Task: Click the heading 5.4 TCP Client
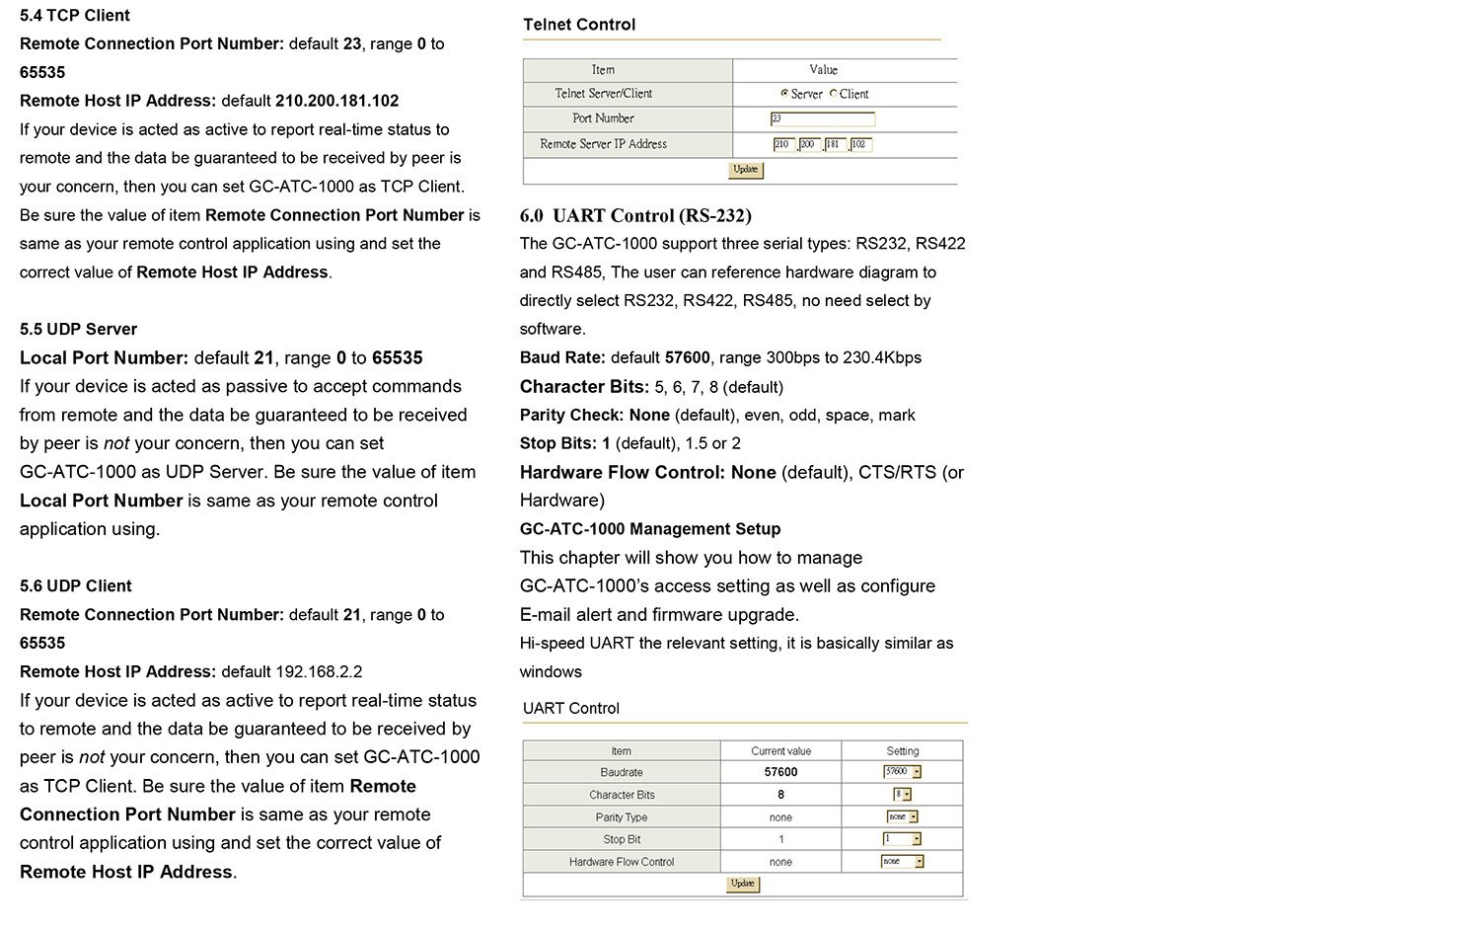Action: click(75, 16)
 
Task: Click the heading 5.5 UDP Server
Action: click(79, 330)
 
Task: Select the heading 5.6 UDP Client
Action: click(76, 586)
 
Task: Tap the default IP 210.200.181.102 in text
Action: click(336, 101)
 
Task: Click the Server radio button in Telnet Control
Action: click(784, 94)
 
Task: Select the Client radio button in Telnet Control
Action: click(833, 94)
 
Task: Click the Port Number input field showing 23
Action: click(822, 119)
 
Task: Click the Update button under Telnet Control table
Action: click(745, 170)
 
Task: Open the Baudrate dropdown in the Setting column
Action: click(902, 772)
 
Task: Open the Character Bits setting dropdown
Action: click(902, 795)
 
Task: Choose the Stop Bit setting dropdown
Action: click(902, 839)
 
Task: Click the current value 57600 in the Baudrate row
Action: click(780, 772)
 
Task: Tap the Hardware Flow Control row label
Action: click(621, 862)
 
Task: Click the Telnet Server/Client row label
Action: click(603, 94)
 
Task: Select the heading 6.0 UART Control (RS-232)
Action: click(635, 216)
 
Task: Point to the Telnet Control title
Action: click(579, 25)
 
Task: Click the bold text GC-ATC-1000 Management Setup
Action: click(650, 529)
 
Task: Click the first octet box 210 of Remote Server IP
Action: click(783, 145)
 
